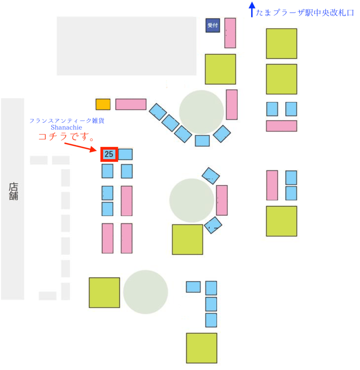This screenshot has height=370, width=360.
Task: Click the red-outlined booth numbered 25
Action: coord(110,154)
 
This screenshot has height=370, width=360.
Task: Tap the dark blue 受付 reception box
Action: coord(213,26)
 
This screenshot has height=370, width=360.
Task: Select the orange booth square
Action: coord(103,104)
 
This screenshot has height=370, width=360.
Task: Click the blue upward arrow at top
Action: coord(251,9)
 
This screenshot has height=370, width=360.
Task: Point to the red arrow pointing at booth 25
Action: coord(81,147)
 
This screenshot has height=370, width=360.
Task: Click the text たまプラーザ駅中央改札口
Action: coord(305,13)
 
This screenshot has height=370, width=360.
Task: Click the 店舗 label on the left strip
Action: coord(13,191)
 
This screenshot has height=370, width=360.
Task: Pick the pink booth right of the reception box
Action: coord(230,33)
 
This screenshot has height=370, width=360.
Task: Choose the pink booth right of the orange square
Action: coord(131,104)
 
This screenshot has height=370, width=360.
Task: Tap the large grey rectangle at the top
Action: coord(126,46)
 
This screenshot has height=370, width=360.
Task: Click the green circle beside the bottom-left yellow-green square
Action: coord(145,292)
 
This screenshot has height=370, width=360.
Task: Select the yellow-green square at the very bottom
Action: coord(201,348)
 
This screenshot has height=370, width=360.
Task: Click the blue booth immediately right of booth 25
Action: coord(125,154)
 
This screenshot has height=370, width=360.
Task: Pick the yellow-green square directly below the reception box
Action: coord(220,69)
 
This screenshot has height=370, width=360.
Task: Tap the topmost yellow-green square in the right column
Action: coord(281,43)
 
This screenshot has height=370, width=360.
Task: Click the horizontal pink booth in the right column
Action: coord(281,126)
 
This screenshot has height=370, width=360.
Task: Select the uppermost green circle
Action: coord(201,112)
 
